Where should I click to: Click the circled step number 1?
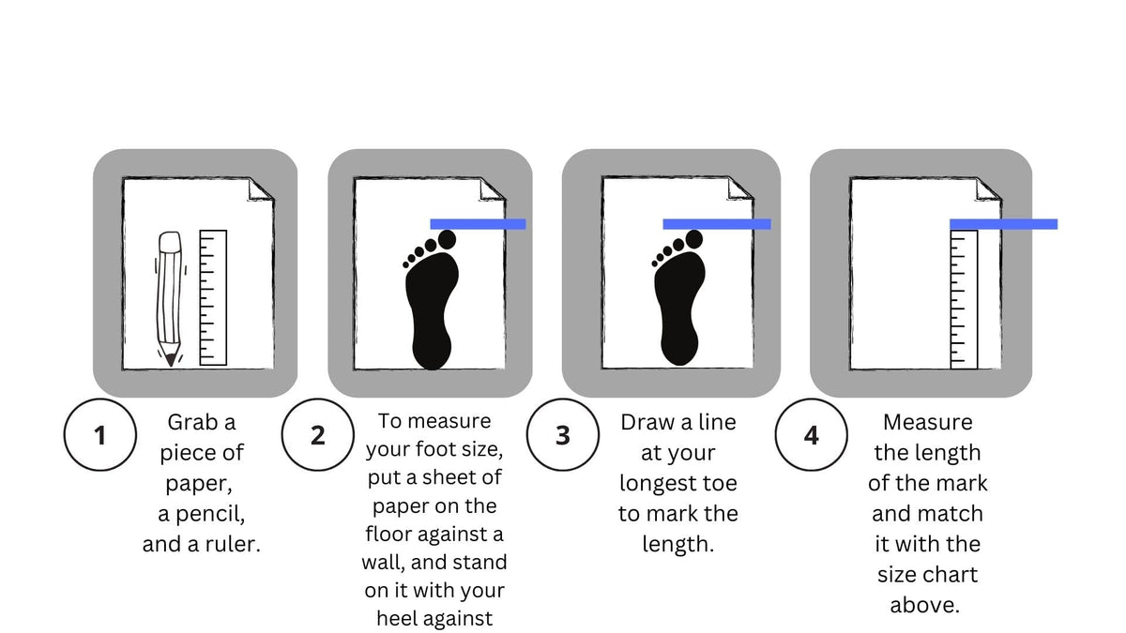[99, 436]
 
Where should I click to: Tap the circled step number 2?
[317, 436]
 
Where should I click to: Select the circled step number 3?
[562, 436]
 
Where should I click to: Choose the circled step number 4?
[811, 436]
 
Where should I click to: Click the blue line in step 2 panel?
[478, 224]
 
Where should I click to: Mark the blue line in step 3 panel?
[717, 224]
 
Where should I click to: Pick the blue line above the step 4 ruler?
[1003, 224]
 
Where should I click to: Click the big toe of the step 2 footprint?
[446, 239]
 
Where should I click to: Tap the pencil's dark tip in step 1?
[169, 358]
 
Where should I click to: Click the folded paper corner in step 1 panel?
[260, 188]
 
